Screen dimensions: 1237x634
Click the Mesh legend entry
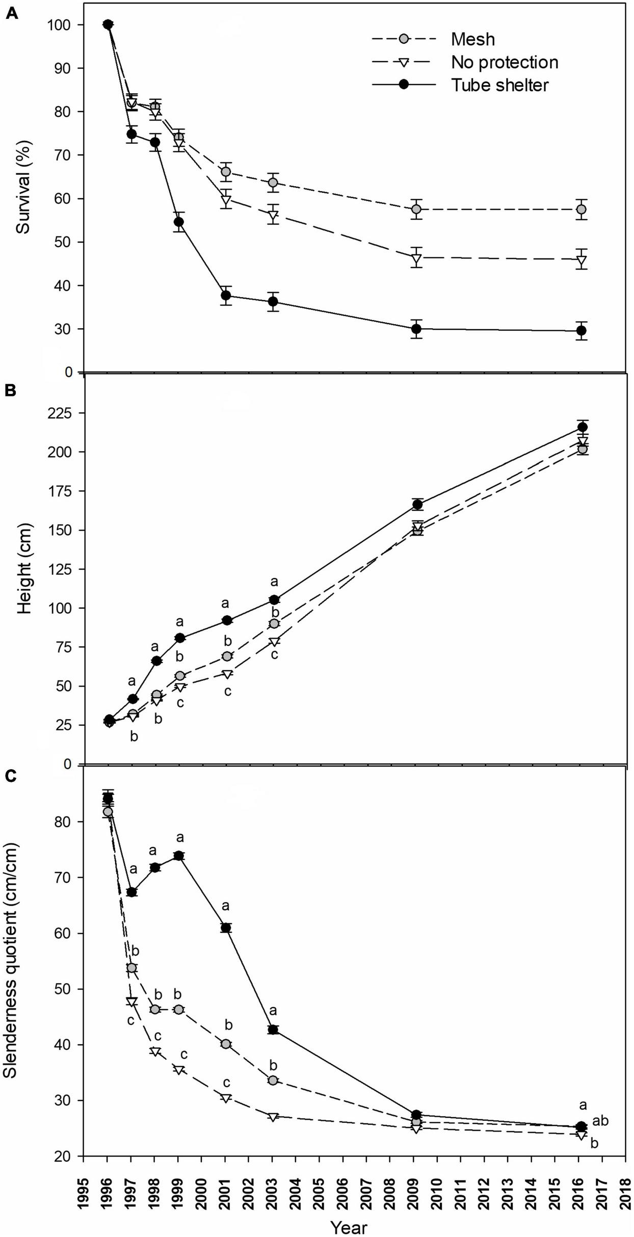click(472, 39)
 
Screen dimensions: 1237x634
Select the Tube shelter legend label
click(499, 85)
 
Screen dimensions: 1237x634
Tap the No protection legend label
click(505, 62)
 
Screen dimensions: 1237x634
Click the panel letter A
click(12, 14)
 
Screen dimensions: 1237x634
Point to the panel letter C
click(11, 776)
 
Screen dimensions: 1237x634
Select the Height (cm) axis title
click(23, 568)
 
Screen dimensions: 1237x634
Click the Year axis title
click(349, 1227)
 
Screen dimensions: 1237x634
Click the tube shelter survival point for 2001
click(226, 296)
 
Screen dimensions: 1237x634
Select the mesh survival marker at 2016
click(581, 209)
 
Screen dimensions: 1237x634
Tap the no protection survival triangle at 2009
click(416, 258)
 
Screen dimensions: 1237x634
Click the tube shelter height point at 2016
click(582, 427)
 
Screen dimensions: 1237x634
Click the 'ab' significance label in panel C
click(600, 1121)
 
